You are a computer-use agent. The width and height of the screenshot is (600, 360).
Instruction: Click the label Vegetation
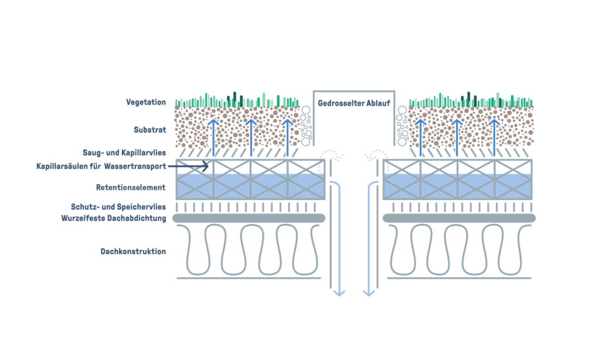pyautogui.click(x=146, y=102)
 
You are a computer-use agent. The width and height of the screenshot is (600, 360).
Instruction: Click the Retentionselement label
pyautogui.click(x=131, y=188)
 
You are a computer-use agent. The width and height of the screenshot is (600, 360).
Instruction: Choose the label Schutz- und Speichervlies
pyautogui.click(x=127, y=208)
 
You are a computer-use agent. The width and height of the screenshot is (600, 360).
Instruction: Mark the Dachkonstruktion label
pyautogui.click(x=133, y=252)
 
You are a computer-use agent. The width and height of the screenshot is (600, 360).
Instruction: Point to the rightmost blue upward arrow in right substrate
pyautogui.click(x=495, y=138)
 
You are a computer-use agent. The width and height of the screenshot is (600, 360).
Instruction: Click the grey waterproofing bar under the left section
pyautogui.click(x=250, y=218)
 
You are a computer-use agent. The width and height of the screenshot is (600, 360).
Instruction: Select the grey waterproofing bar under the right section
pyautogui.click(x=459, y=218)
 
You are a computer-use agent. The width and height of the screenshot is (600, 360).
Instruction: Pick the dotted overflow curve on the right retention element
pyautogui.click(x=375, y=154)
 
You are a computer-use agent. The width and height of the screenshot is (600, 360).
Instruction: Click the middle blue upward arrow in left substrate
pyautogui.click(x=251, y=138)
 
